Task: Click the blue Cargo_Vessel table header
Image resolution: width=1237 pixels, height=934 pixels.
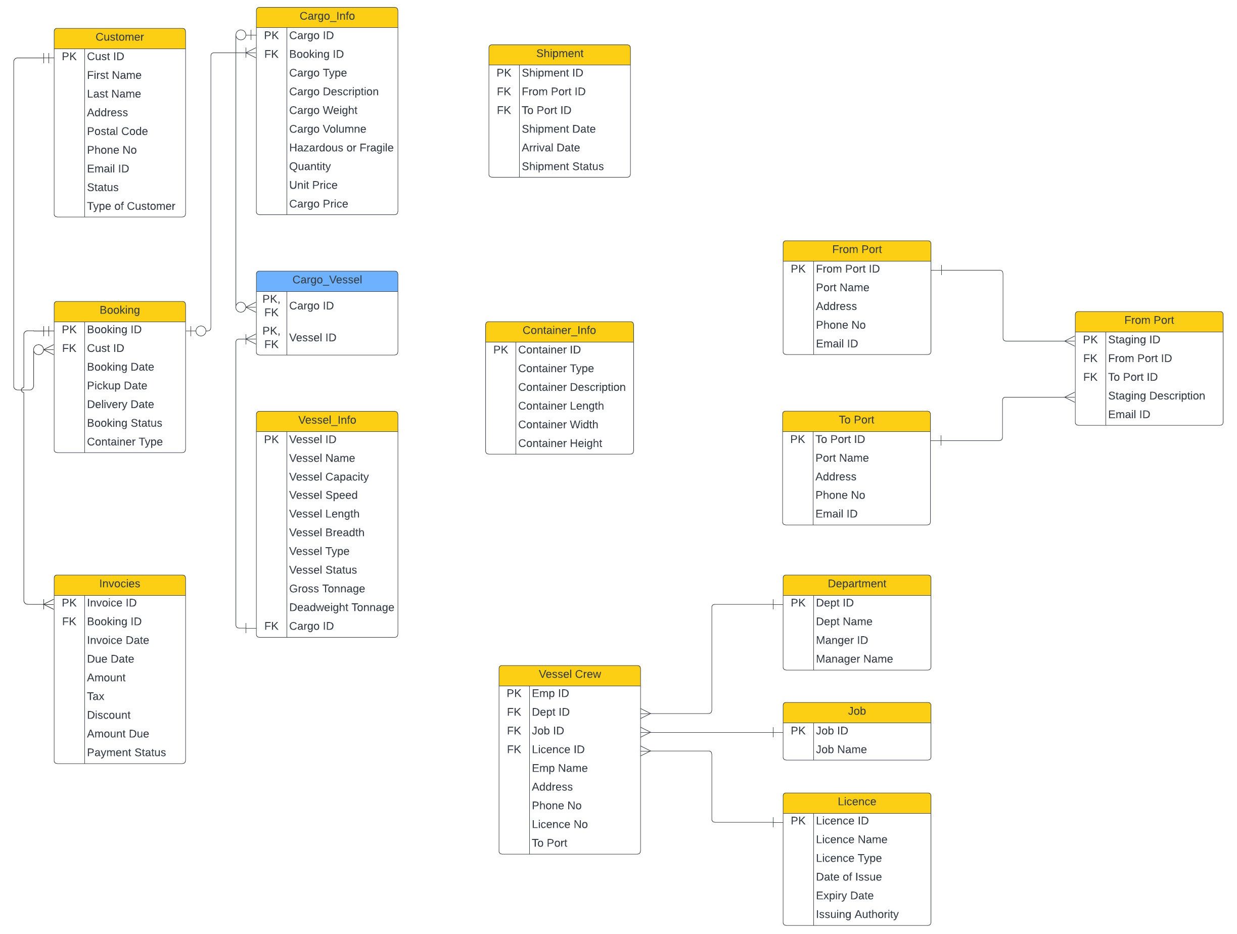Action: click(327, 280)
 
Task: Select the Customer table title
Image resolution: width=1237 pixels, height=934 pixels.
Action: click(119, 37)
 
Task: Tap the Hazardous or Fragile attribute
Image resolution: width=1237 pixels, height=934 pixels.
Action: click(341, 148)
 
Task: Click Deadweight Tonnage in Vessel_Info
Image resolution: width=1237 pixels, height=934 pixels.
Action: click(341, 607)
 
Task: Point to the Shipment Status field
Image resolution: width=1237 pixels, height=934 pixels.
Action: click(562, 167)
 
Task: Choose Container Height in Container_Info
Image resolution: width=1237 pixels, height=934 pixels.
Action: click(559, 443)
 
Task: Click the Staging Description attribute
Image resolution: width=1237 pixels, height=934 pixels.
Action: click(1156, 396)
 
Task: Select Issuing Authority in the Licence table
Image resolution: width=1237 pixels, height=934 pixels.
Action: click(857, 914)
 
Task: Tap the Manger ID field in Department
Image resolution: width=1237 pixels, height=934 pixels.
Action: click(841, 640)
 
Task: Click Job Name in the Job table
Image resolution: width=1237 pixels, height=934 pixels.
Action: click(841, 749)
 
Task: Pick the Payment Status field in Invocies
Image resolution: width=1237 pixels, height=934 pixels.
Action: click(126, 753)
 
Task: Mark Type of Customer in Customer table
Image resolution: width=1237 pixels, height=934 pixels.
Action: click(130, 206)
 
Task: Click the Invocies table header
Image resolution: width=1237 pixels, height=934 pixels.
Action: click(119, 584)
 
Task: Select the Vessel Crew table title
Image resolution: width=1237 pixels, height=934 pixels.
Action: click(569, 675)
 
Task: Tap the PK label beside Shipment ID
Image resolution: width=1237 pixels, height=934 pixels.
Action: click(503, 73)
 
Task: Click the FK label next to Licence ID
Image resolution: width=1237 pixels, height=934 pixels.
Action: click(514, 749)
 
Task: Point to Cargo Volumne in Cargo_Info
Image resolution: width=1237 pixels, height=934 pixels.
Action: click(327, 129)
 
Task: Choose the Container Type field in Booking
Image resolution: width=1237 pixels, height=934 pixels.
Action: click(124, 442)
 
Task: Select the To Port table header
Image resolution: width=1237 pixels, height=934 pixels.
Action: click(856, 420)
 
